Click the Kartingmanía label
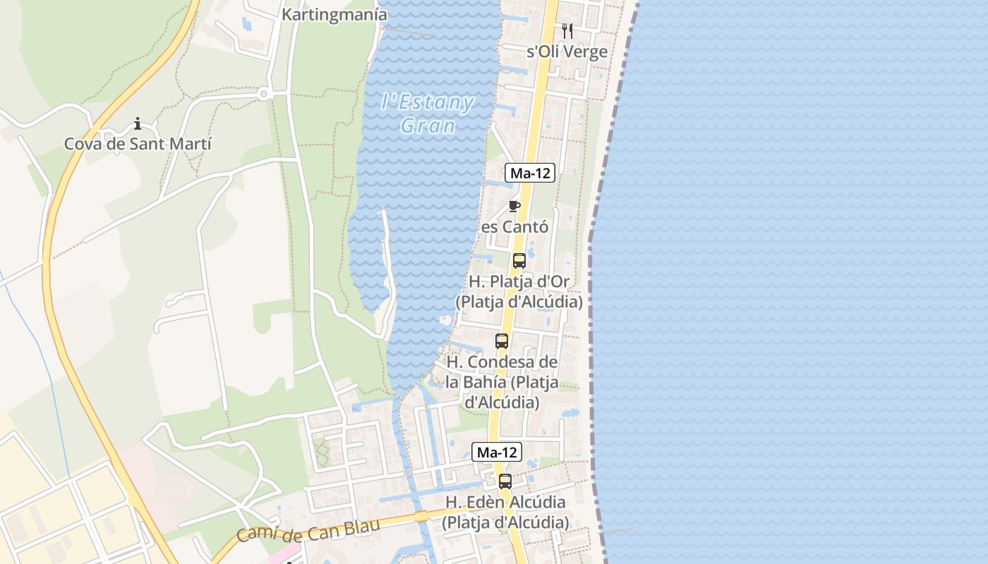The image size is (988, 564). tap(334, 14)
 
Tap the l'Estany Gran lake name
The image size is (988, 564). tap(428, 114)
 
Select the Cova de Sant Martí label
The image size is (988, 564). tap(138, 144)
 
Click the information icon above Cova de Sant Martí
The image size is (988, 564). tap(138, 124)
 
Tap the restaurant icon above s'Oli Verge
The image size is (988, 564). tap(567, 31)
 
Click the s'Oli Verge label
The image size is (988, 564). tap(567, 51)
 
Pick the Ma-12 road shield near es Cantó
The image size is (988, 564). tap(529, 173)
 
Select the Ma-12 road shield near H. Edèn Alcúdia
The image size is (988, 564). tap(497, 453)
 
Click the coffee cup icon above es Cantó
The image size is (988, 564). tap(514, 206)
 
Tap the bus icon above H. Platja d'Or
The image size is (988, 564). tap(519, 260)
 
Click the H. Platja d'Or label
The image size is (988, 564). tap(519, 291)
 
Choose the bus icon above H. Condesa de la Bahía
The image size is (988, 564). tap(502, 341)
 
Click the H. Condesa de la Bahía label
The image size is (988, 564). tap(502, 382)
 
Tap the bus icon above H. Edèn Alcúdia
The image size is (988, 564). tap(505, 482)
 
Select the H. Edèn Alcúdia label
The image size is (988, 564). tap(505, 513)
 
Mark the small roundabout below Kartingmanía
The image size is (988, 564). tap(264, 93)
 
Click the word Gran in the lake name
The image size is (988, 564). tap(428, 126)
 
